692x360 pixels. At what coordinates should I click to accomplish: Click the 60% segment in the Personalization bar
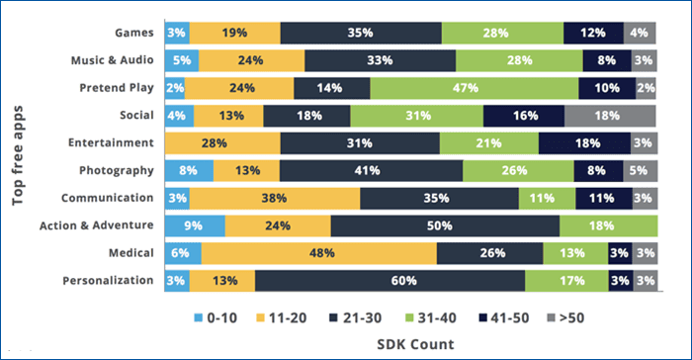(389, 280)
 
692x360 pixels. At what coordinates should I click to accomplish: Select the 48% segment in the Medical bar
(319, 252)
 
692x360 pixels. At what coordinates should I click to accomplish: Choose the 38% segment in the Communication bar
(275, 198)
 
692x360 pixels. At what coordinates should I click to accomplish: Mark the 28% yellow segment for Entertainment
(222, 143)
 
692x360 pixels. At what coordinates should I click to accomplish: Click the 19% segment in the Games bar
(235, 34)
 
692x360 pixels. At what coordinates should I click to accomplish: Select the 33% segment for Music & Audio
(380, 61)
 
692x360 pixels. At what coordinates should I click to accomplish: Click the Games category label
(134, 34)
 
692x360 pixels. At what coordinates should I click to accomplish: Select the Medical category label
(130, 252)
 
